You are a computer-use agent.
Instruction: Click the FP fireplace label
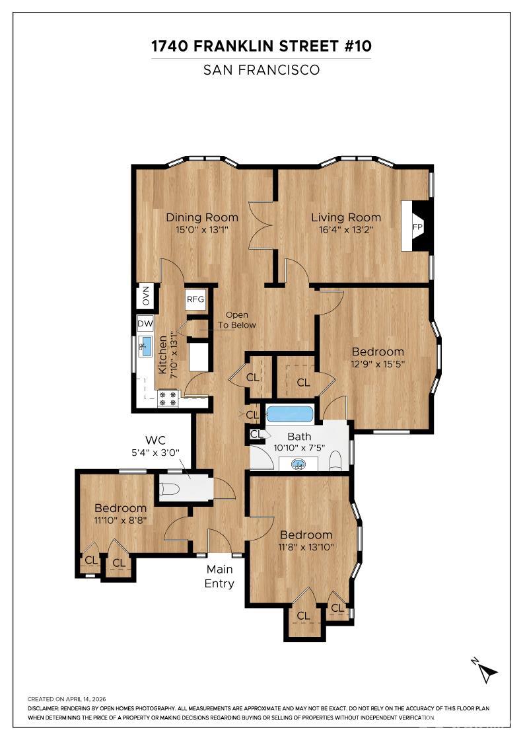(417, 227)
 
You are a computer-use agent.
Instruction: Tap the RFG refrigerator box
(195, 299)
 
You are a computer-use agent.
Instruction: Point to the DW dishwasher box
(145, 324)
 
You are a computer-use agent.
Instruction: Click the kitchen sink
(146, 347)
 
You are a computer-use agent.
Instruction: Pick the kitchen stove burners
(168, 398)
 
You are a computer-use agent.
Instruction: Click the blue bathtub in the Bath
(289, 414)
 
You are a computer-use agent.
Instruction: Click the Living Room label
(345, 217)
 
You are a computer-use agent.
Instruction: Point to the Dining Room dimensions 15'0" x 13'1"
(202, 231)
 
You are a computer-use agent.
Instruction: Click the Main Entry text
(219, 576)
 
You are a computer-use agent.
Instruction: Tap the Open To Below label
(237, 320)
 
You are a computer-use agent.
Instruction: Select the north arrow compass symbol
(485, 670)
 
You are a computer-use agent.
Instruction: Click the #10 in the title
(357, 46)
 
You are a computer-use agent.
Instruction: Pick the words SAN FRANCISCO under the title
(261, 70)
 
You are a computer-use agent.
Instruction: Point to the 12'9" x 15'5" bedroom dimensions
(378, 364)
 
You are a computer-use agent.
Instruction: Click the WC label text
(155, 440)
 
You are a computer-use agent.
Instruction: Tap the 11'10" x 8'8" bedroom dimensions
(121, 520)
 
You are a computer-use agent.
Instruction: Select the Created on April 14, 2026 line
(67, 699)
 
